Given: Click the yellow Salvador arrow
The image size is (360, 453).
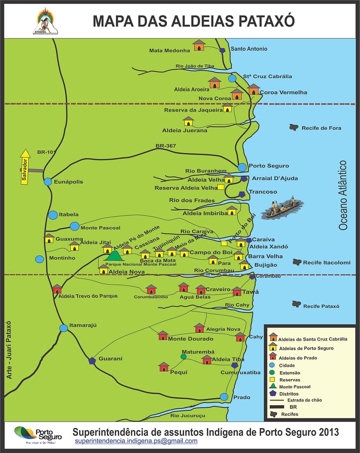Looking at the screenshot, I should pos(25,166).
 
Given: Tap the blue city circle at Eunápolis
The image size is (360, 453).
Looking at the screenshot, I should pos(48,182).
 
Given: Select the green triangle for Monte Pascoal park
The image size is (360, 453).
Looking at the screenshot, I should pos(115,256).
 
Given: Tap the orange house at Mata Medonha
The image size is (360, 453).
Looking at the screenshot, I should pos(199,45).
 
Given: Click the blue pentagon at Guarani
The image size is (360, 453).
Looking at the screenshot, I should pos(92,361).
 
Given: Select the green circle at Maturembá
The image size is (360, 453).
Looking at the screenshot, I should pos(184,356).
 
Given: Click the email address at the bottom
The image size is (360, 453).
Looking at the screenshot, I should pos(136,441).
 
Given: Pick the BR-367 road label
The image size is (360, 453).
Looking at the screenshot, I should pos(166,146).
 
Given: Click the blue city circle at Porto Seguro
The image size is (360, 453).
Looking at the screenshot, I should pos(242,167).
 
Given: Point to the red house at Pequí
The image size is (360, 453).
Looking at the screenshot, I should pos(164,367).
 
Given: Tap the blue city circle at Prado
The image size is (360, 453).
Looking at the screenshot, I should pos(224,397).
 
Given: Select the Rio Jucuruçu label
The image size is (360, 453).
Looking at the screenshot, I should pos(188,415).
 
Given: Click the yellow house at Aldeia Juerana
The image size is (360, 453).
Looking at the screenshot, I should pos(188,121).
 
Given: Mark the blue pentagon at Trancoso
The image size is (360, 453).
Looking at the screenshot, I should pos(242,194).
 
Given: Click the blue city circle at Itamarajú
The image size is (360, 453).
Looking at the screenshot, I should pos(64,328).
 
